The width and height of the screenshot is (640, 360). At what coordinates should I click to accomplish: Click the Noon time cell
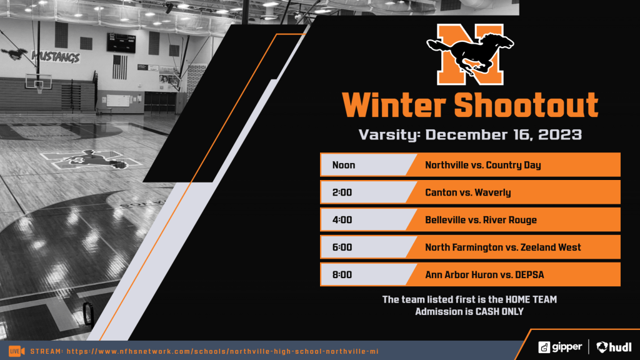[344, 165]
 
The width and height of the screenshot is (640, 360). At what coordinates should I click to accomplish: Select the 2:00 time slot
[342, 192]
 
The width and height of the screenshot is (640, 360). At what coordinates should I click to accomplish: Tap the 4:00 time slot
[342, 220]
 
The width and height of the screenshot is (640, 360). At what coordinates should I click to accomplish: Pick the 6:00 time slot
[342, 247]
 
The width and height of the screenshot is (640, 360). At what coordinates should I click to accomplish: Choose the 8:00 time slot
[342, 274]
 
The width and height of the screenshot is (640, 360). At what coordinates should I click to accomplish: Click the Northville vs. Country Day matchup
[482, 165]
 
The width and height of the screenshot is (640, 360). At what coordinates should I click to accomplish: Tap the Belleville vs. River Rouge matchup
[481, 220]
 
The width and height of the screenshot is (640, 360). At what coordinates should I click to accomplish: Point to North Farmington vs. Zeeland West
[502, 247]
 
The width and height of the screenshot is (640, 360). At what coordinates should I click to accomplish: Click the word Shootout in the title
[526, 105]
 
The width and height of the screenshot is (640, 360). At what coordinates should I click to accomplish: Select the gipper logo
[561, 346]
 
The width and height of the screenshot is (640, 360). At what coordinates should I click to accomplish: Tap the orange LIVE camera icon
[16, 351]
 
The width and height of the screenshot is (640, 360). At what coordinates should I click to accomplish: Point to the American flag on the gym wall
[119, 66]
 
